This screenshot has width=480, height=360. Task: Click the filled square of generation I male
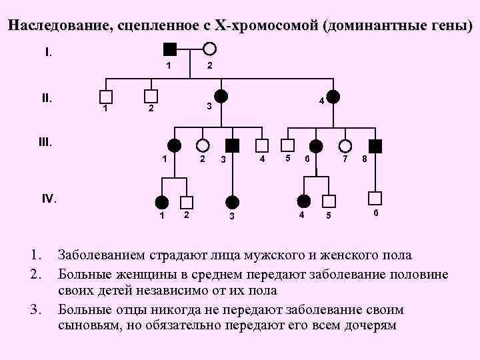170,48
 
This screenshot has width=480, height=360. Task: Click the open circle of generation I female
209,48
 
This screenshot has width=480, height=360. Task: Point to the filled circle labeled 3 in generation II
221,96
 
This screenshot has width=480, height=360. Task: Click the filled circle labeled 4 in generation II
333,96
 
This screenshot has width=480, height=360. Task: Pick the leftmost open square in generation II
105,96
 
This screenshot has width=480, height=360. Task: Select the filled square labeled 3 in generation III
232,145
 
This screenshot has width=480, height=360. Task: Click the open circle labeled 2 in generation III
202,145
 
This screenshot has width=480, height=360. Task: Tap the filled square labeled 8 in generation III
376,145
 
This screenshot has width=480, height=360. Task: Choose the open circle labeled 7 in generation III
345,145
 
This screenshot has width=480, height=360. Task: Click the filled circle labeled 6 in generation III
315,145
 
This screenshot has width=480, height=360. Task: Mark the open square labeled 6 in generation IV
376,197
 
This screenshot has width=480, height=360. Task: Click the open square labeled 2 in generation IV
187,201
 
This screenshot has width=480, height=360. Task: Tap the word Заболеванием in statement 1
99,255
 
